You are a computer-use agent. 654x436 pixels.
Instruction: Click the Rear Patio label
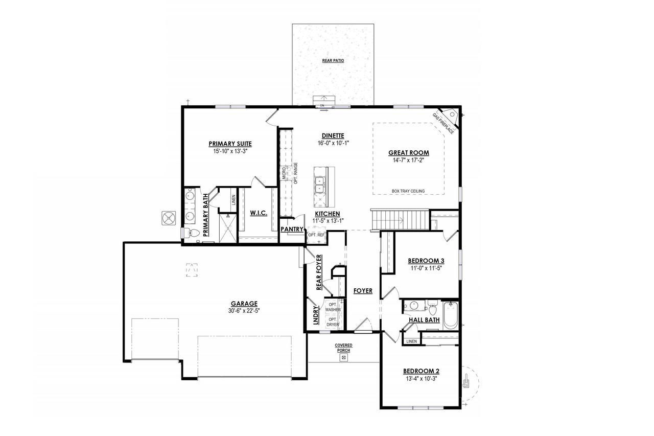click(x=333, y=61)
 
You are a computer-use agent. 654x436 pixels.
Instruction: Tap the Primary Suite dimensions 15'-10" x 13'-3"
click(x=230, y=151)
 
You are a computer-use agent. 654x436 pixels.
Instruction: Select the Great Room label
click(x=408, y=153)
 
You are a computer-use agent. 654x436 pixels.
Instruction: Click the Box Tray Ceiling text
click(x=408, y=191)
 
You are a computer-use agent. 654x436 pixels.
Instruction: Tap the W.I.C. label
click(x=259, y=213)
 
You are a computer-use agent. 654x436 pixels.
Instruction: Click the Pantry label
click(x=292, y=229)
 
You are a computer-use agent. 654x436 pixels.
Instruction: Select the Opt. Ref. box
click(x=316, y=235)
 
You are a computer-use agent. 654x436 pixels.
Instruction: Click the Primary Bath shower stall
click(x=228, y=228)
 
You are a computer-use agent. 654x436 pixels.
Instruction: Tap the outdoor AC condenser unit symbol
click(x=169, y=218)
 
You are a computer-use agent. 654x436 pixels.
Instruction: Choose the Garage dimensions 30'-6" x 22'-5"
click(x=244, y=311)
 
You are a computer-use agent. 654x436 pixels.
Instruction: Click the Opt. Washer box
click(x=333, y=307)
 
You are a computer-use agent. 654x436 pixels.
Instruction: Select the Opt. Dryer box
click(x=333, y=323)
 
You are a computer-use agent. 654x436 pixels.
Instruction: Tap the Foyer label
click(x=363, y=290)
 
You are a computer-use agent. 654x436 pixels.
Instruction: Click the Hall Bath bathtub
click(x=451, y=316)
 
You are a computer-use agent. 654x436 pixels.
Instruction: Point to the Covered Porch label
click(x=343, y=348)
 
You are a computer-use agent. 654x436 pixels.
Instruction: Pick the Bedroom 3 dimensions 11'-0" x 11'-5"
click(x=426, y=268)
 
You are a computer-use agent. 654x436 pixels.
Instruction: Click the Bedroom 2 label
click(x=422, y=371)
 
